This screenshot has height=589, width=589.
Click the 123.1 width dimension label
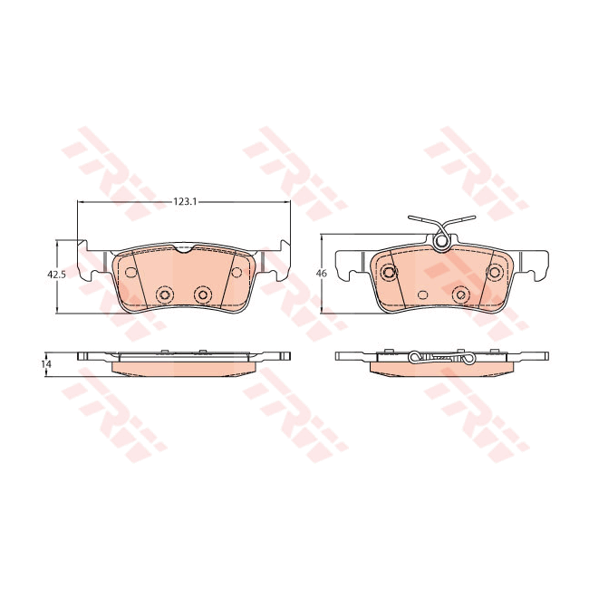(184, 202)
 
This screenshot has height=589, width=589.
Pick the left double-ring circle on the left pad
(165, 294)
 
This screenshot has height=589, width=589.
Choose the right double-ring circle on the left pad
(202, 294)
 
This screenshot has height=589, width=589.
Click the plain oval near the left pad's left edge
(127, 272)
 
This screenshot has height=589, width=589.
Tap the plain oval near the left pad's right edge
(239, 272)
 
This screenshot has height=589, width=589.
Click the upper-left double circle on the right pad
(389, 273)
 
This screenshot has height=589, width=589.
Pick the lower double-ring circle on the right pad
(460, 294)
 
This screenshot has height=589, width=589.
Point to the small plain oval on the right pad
(421, 294)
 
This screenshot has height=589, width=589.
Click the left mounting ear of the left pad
(89, 263)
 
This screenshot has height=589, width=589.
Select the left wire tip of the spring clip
(410, 218)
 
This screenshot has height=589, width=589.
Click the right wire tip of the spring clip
(475, 218)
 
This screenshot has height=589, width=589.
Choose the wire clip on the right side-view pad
(439, 359)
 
